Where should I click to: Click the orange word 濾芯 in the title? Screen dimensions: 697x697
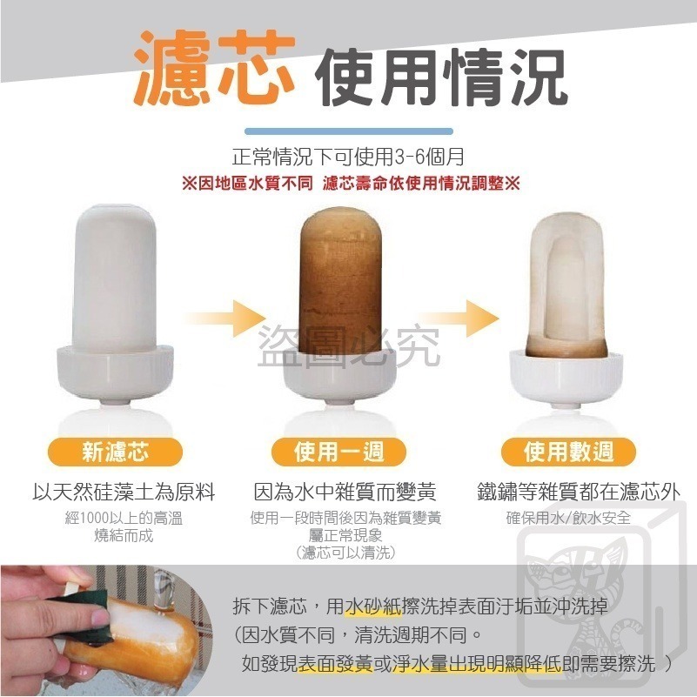pos(215,67)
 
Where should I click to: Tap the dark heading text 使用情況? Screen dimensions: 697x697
pos(441,77)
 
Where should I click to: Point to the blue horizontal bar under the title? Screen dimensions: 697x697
pos(349,131)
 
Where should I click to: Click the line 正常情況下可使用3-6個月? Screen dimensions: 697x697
pos(348,157)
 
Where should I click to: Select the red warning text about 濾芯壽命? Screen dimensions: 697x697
pos(351,183)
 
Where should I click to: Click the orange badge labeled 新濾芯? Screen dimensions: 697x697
pos(115,452)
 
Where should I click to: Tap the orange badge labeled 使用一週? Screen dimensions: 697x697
pos(339,452)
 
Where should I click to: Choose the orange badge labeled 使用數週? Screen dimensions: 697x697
pos(568,452)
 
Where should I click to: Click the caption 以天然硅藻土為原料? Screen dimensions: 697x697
pos(124,493)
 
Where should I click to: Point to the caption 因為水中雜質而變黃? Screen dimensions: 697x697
pos(345,493)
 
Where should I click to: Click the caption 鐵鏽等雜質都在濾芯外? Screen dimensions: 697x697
pos(579,493)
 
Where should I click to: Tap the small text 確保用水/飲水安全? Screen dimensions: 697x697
pos(568,518)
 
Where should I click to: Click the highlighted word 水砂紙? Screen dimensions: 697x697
pos(372,607)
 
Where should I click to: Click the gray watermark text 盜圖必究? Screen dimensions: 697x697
pos(348,346)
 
